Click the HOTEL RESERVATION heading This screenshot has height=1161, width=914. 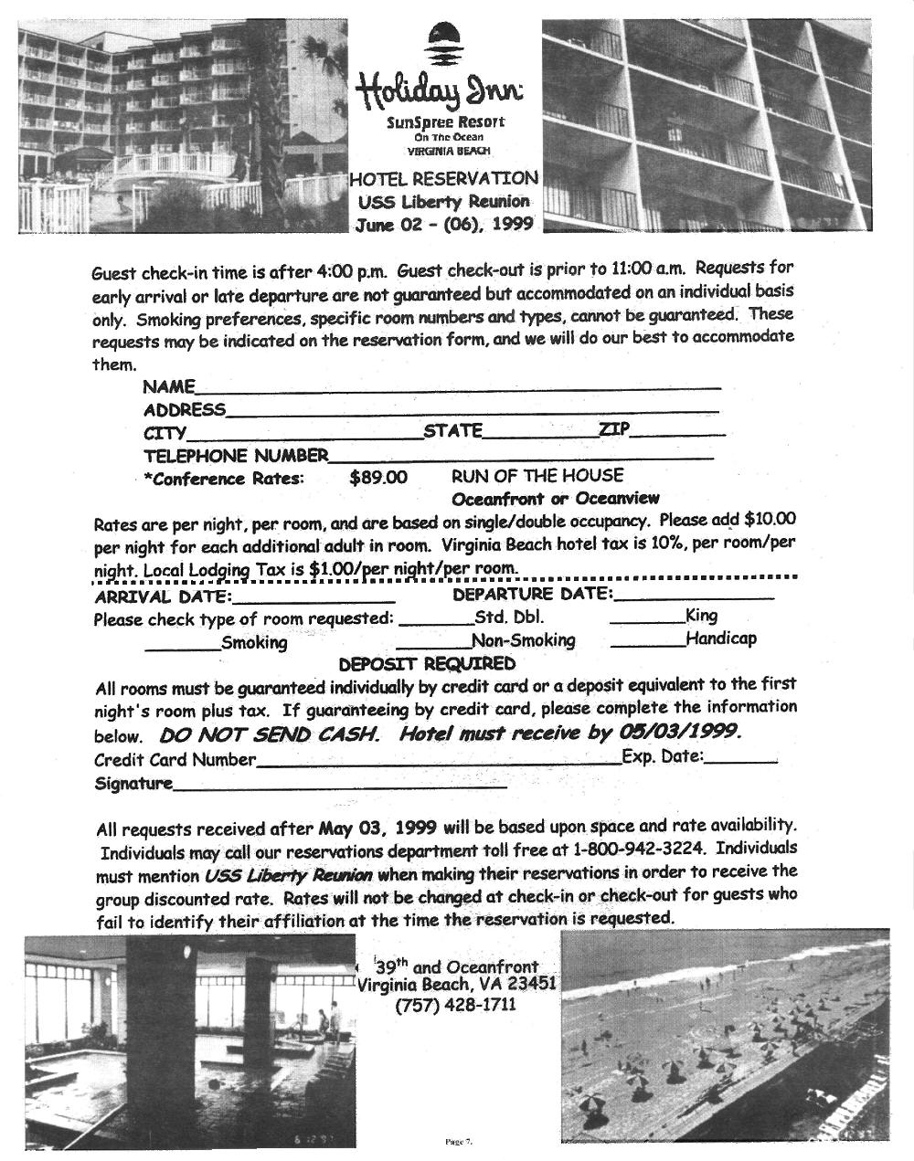pyautogui.click(x=443, y=178)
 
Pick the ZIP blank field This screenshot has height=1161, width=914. pyautogui.click(x=678, y=433)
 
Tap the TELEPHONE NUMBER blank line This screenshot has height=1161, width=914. pyautogui.click(x=521, y=456)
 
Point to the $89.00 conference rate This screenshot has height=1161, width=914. pyautogui.click(x=378, y=478)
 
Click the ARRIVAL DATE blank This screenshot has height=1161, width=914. pyautogui.click(x=314, y=600)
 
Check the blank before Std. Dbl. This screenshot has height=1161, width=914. pyautogui.click(x=435, y=620)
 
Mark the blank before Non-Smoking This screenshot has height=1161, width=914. pyautogui.click(x=433, y=645)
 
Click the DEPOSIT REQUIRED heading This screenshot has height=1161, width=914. pyautogui.click(x=427, y=664)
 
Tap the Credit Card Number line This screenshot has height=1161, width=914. pyautogui.click(x=438, y=761)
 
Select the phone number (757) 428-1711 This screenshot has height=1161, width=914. pyautogui.click(x=455, y=1005)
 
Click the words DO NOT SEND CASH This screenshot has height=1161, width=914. pyautogui.click(x=270, y=734)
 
